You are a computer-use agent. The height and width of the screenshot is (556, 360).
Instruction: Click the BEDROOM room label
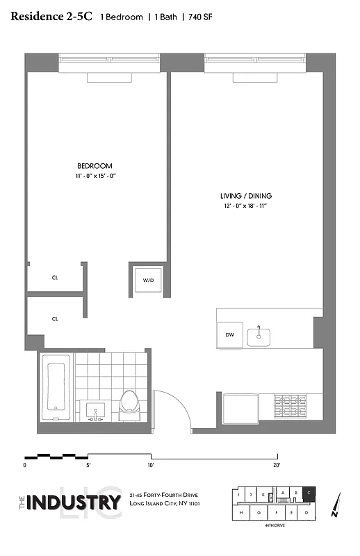95,166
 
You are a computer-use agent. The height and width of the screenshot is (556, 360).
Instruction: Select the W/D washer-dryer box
148,281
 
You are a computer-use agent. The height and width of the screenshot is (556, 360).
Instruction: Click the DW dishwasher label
229,334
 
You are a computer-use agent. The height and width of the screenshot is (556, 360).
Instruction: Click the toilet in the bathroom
129,405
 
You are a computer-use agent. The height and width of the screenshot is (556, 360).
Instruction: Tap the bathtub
56,388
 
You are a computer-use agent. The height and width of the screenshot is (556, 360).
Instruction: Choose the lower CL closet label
55,319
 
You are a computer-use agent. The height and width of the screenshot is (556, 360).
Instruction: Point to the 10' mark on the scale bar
150,464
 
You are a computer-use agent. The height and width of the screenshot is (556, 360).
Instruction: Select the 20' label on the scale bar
277,464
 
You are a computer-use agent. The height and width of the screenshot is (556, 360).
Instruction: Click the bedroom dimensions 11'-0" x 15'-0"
95,177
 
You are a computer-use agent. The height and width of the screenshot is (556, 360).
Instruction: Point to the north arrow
336,507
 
